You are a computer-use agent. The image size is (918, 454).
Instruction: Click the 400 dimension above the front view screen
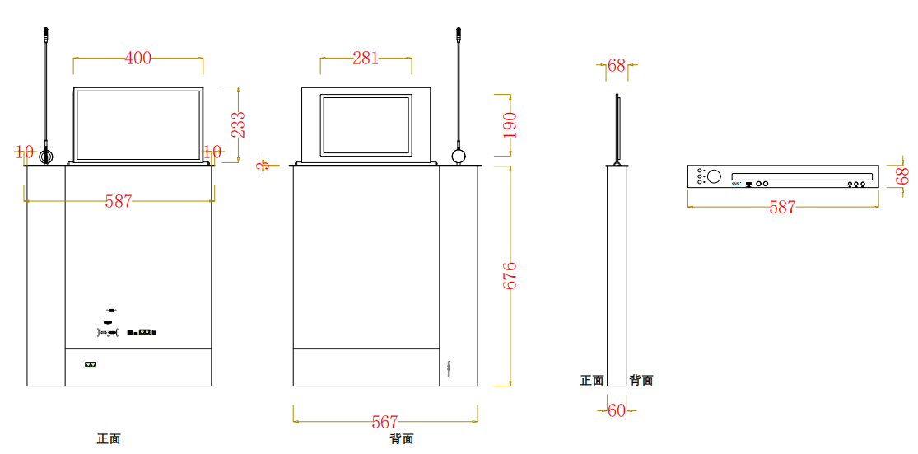[x=138, y=58]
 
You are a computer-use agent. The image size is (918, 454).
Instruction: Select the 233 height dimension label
[x=237, y=124]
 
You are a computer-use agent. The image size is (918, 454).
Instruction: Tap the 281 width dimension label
[x=366, y=58]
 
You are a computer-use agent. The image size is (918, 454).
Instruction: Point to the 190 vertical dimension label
[x=510, y=124]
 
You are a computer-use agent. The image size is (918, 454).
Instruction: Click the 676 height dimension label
[x=510, y=274]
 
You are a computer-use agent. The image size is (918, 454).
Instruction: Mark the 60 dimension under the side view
[x=617, y=410]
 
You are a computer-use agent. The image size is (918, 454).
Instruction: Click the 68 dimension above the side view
[x=617, y=66]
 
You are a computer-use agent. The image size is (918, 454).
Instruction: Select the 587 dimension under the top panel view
[x=782, y=207]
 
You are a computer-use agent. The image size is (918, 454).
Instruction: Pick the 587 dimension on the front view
[x=119, y=201]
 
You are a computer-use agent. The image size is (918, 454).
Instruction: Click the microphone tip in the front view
[x=46, y=34]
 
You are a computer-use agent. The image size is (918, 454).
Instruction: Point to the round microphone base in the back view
[x=459, y=156]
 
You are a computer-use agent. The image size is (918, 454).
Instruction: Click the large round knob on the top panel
[x=714, y=176]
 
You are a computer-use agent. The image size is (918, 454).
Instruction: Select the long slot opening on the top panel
[x=801, y=176]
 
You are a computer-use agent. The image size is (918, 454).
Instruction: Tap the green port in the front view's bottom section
[x=91, y=364]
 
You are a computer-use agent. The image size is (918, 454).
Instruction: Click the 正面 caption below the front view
[x=109, y=439]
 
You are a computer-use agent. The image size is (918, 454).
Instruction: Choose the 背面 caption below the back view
[x=402, y=439]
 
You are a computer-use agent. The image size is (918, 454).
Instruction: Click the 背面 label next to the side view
[x=641, y=380]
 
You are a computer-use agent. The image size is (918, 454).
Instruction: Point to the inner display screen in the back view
[x=366, y=125]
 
